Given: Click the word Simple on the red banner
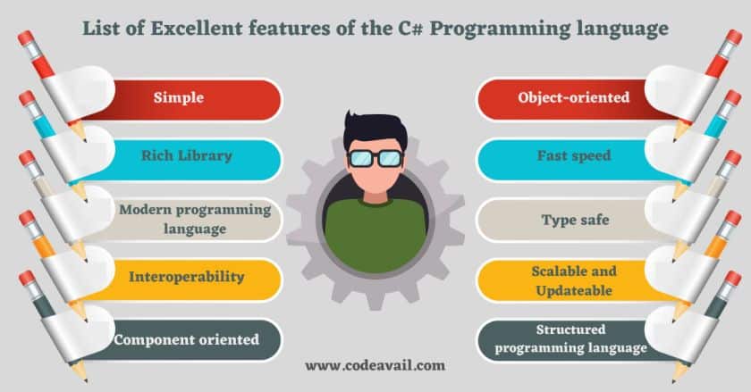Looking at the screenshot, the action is [x=179, y=97].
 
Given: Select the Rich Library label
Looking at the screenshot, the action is [x=187, y=155].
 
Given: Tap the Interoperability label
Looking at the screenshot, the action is [x=187, y=277].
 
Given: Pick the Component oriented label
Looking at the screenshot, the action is [x=187, y=339].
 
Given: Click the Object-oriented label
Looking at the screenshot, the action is [x=574, y=97].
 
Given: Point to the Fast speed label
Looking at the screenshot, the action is [x=574, y=155].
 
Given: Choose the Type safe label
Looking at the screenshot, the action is [x=576, y=220].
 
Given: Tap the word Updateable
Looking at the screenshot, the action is [x=574, y=290].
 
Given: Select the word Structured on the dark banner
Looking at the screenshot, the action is [x=571, y=329].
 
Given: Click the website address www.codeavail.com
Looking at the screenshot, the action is [x=375, y=366].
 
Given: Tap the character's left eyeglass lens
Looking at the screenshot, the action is [x=360, y=158].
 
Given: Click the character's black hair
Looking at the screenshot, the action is [x=375, y=128].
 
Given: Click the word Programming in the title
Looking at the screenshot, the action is [x=501, y=29].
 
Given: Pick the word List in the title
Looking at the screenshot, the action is [x=98, y=29].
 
